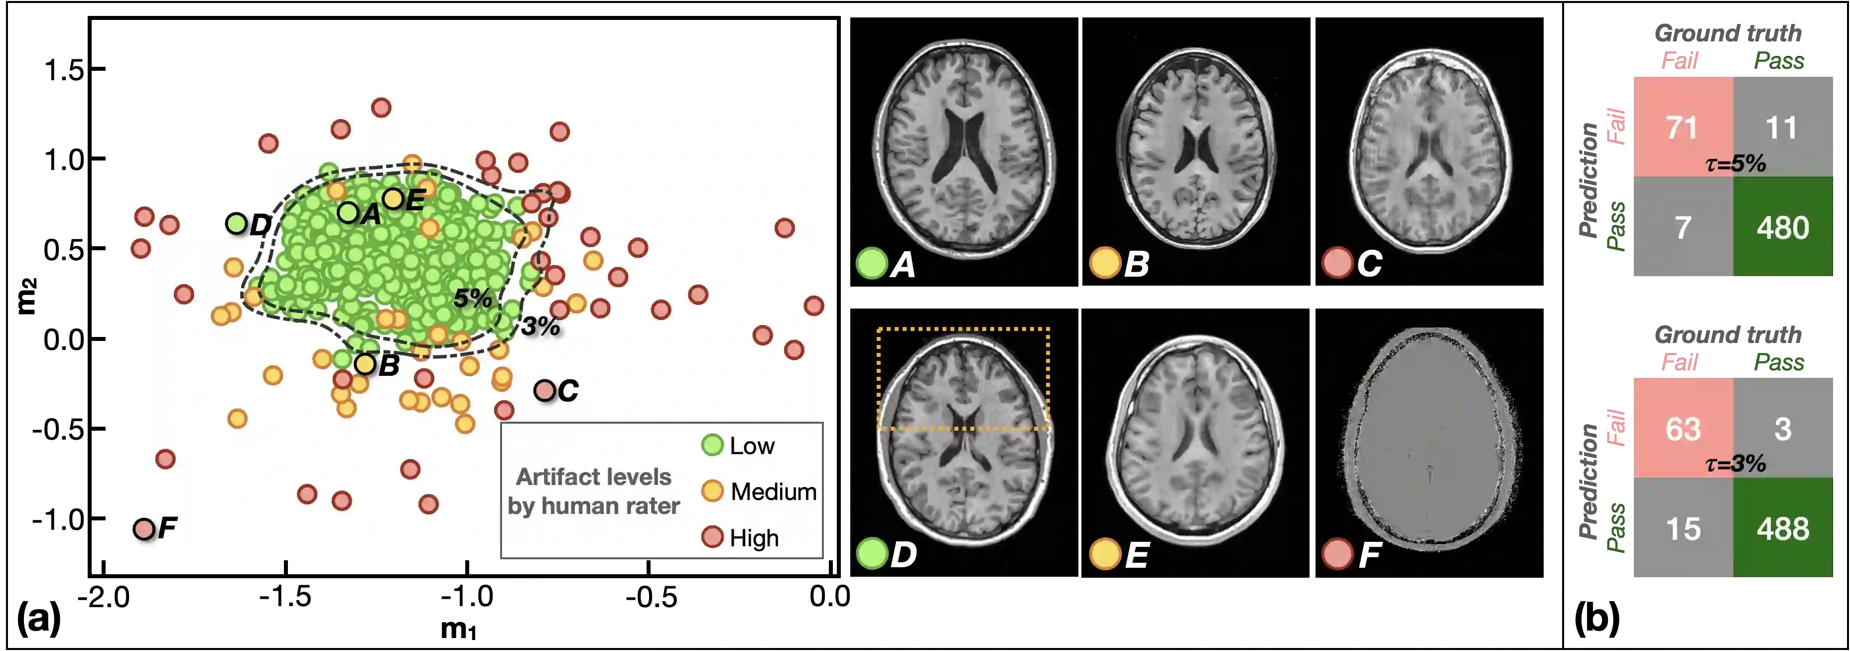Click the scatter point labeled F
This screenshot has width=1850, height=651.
143,529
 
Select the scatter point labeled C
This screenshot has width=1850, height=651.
544,391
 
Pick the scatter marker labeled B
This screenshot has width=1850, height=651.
365,364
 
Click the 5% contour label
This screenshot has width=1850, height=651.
473,298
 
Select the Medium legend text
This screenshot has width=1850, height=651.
773,491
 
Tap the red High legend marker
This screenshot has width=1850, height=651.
712,537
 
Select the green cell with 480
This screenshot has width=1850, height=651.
1782,228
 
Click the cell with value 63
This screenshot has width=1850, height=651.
1683,429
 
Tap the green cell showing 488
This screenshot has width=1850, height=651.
1782,529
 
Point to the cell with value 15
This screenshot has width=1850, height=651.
1683,529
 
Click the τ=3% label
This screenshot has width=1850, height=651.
1735,464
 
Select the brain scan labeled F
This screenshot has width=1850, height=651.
1431,438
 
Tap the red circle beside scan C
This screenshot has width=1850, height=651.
1337,263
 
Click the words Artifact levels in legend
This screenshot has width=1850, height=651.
593,477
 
